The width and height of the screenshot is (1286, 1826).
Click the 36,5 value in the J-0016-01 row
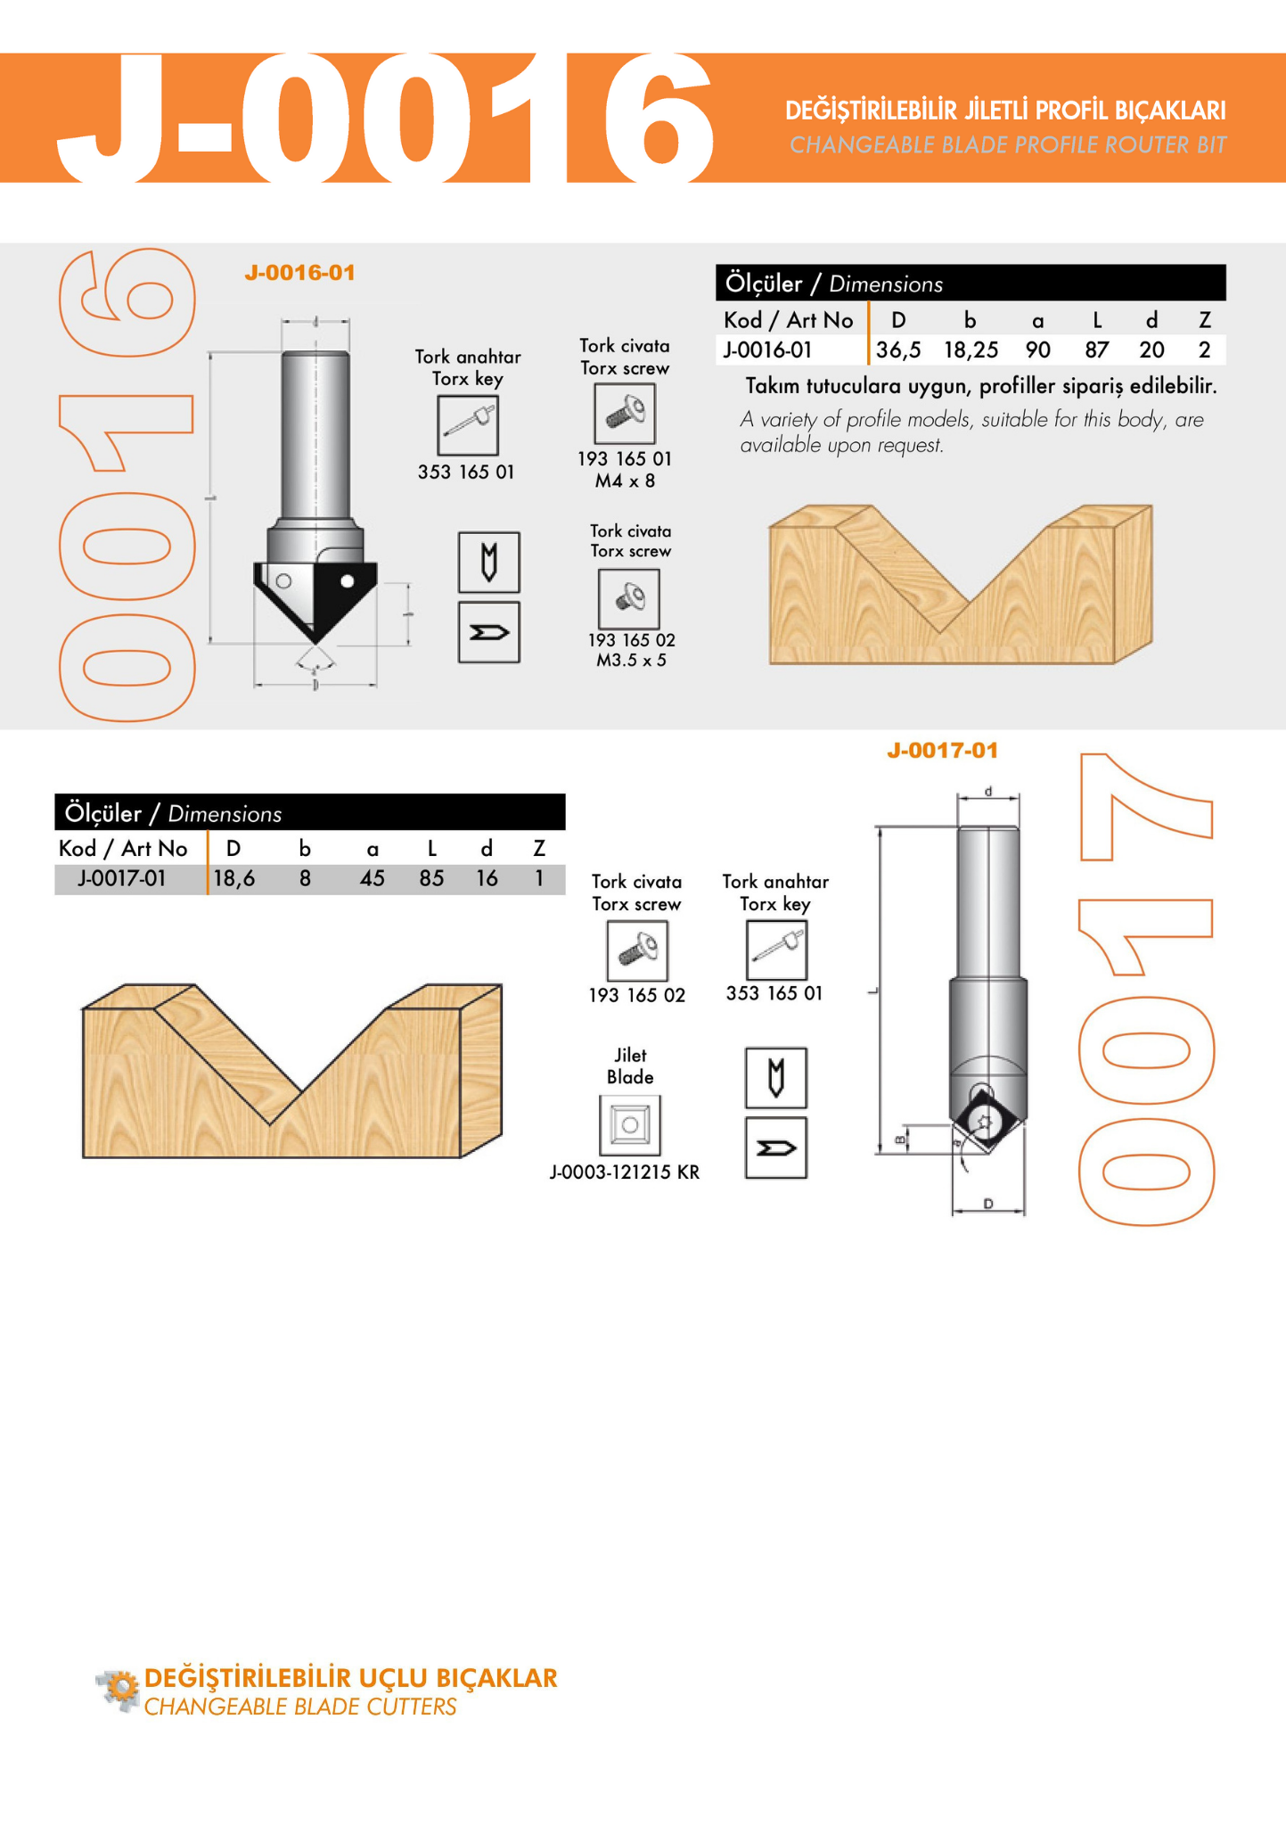[898, 350]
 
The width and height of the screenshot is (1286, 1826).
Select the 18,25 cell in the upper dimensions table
[971, 350]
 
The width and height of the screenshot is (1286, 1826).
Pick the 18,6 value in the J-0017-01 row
[233, 879]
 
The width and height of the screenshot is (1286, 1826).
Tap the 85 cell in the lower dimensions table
[431, 878]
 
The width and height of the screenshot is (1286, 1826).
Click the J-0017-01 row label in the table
[122, 879]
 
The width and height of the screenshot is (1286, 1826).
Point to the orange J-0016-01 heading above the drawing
[299, 273]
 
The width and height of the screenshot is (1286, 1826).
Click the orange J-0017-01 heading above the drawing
[942, 751]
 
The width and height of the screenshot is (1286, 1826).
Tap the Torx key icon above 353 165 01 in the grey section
[468, 425]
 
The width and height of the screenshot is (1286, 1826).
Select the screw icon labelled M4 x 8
[625, 414]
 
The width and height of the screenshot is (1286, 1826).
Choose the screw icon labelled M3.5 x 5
[629, 598]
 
